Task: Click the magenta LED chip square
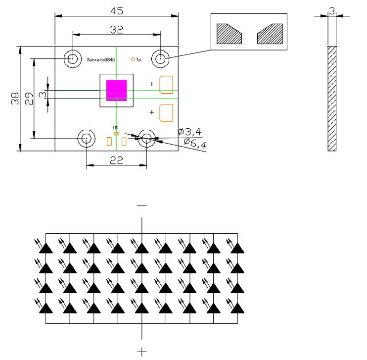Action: pos(116,90)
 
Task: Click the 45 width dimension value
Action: pos(116,10)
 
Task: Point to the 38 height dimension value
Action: pos(14,99)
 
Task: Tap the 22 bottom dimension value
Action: pos(116,160)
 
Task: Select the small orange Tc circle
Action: pos(133,59)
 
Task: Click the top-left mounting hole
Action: pos(73,59)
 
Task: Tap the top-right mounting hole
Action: pos(160,59)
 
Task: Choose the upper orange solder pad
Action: pos(166,84)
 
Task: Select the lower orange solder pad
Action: pos(166,112)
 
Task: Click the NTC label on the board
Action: pos(115,128)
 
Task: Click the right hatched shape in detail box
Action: pos(269,33)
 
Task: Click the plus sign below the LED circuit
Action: pos(142,352)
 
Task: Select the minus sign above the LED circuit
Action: pos(142,205)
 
